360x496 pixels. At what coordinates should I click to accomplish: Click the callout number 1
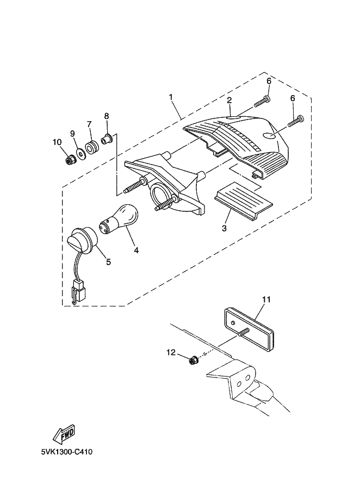point(171,97)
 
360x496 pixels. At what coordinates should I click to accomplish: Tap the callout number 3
point(224,228)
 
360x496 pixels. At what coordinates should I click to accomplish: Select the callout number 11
point(266,299)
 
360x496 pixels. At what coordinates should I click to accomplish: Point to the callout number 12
point(171,352)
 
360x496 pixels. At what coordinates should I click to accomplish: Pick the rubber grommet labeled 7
point(92,147)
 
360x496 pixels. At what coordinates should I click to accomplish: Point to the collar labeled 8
point(106,139)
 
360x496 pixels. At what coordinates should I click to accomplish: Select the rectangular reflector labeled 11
point(249,330)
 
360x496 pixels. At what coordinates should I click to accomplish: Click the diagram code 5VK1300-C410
point(66,451)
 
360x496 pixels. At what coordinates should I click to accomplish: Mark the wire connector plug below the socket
point(79,291)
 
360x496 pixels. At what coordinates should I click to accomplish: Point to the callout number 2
point(229,101)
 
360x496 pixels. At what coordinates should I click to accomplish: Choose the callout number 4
point(136,250)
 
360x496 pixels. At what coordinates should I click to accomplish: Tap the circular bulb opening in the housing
point(162,194)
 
